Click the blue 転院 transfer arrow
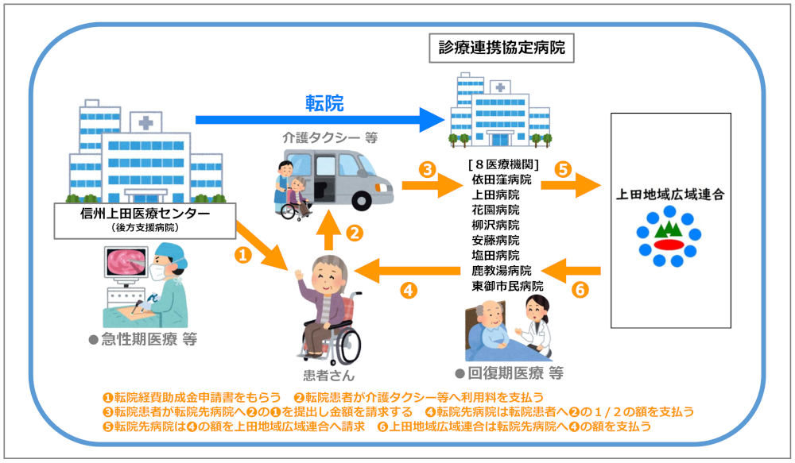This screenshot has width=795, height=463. [318, 120]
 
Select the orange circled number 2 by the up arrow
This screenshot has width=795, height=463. [355, 233]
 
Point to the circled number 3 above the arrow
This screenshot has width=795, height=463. [427, 169]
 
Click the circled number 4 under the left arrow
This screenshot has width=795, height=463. [408, 291]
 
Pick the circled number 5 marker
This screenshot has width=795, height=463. [562, 169]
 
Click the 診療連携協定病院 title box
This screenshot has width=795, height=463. [502, 48]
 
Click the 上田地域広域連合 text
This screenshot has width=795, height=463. [670, 194]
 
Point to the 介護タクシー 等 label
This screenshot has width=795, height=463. [330, 137]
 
